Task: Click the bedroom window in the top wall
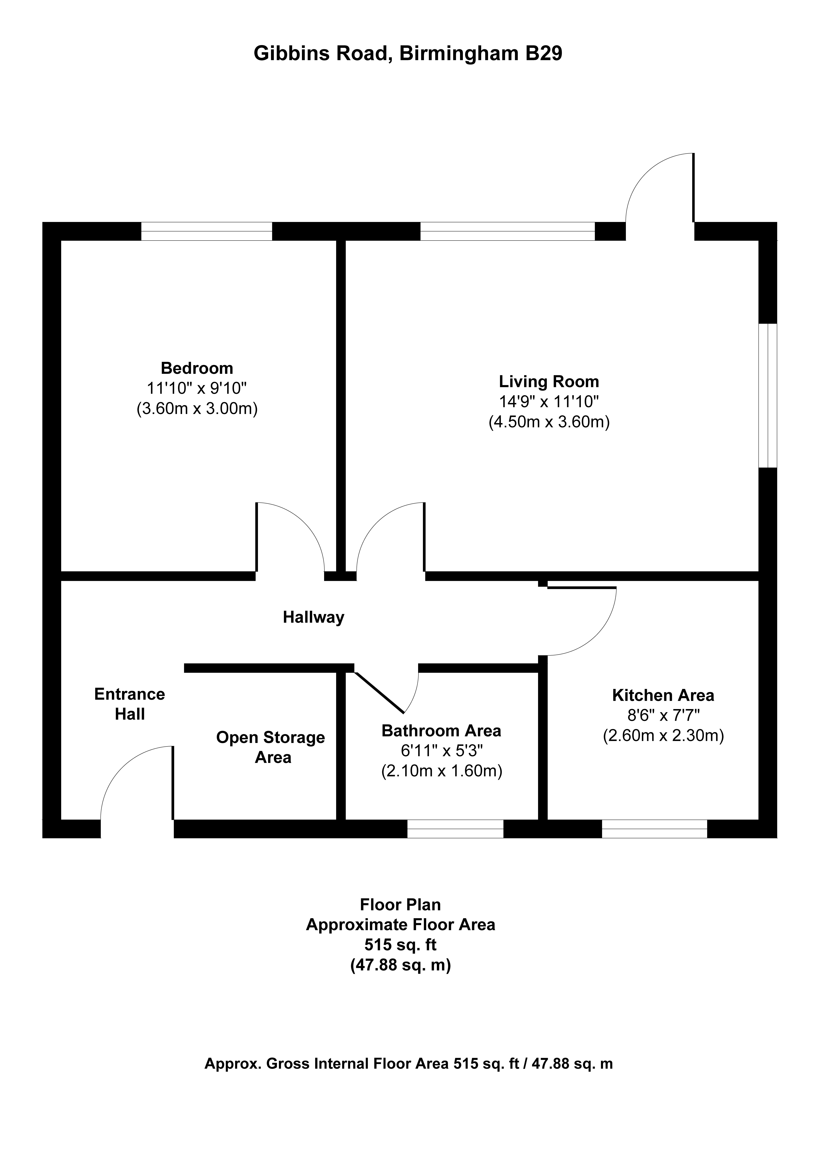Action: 207,231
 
